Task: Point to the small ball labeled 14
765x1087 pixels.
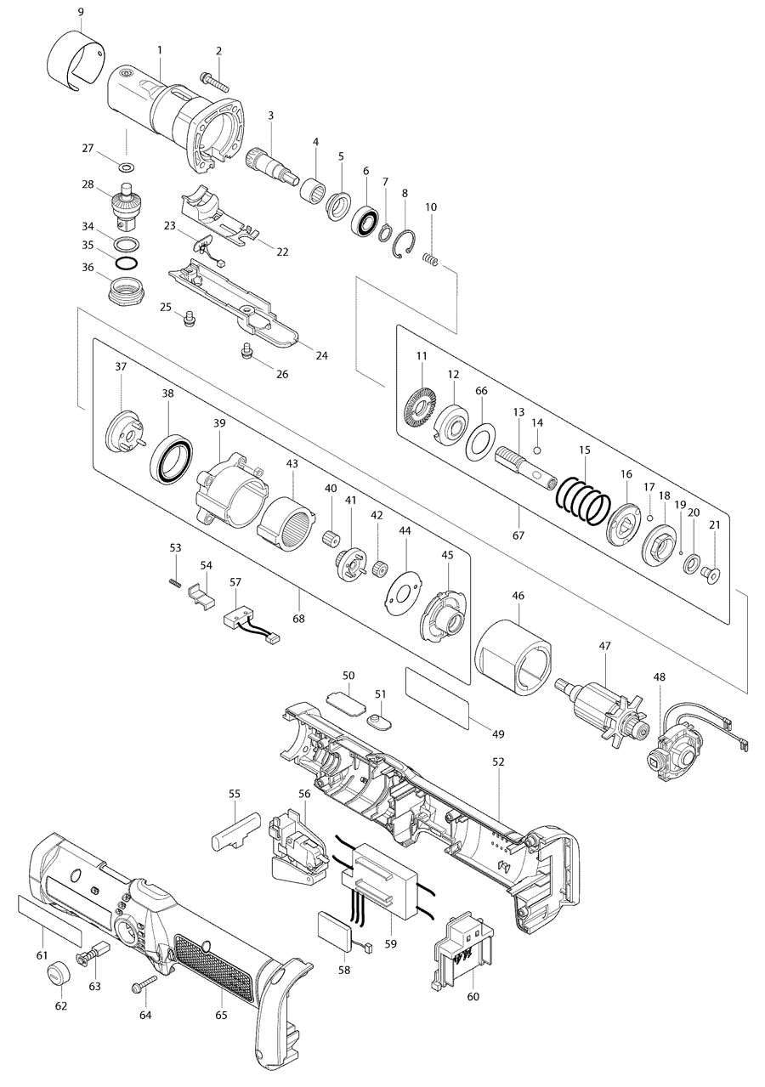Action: (x=537, y=449)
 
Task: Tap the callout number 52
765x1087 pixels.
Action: (x=498, y=761)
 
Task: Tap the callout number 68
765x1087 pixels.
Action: (x=298, y=618)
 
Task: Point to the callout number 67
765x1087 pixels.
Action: (x=518, y=535)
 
